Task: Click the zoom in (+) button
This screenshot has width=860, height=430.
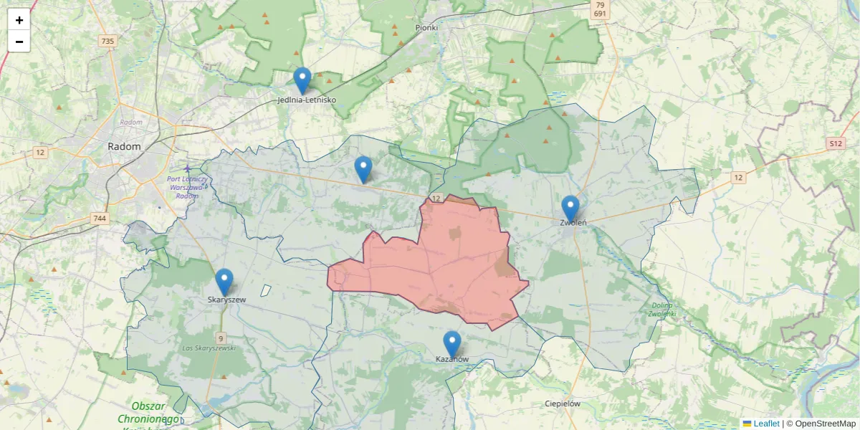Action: click(19, 20)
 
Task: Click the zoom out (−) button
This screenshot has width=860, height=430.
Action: click(19, 42)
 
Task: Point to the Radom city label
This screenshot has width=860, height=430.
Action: click(124, 146)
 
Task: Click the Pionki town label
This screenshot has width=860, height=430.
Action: click(426, 27)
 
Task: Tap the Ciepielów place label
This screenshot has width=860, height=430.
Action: click(562, 403)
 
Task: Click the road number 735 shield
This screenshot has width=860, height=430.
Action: click(107, 42)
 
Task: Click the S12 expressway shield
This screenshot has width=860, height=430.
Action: click(835, 143)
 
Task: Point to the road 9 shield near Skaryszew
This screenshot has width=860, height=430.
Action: click(221, 338)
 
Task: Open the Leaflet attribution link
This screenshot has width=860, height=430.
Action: click(766, 424)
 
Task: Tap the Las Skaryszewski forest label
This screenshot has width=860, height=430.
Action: click(209, 348)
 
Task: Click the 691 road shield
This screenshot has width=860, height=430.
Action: click(600, 14)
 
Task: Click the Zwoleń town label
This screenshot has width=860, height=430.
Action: click(573, 223)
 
